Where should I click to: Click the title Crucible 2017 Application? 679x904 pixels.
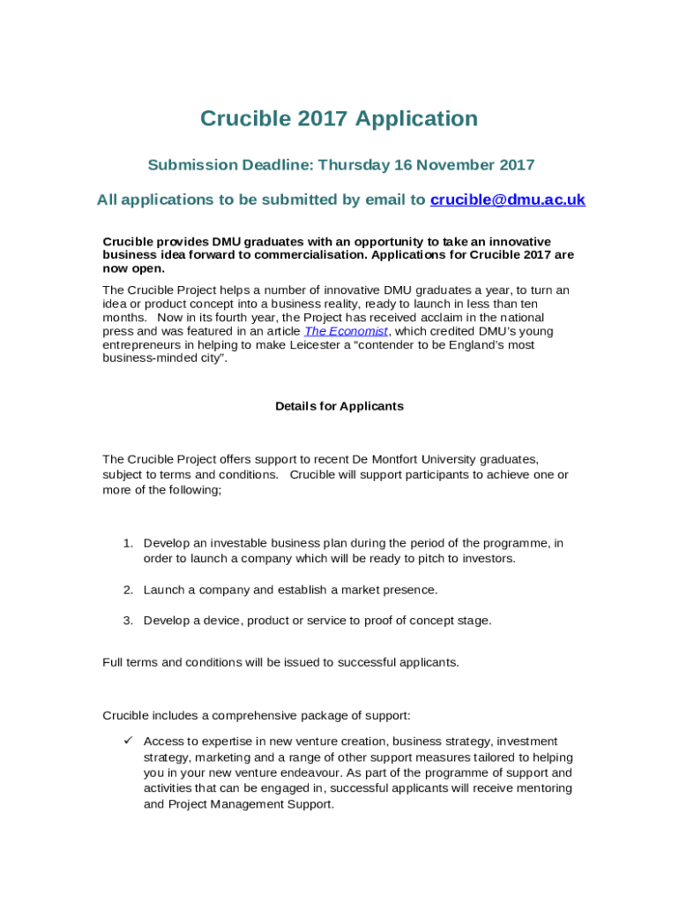[x=339, y=118]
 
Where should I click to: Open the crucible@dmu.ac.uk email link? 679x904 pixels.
[x=507, y=200]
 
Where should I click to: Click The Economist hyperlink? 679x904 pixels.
[x=346, y=331]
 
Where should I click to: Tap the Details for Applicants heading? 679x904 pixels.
[x=339, y=406]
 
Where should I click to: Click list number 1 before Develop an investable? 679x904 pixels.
[x=128, y=543]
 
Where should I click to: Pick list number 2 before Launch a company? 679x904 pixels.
[x=128, y=590]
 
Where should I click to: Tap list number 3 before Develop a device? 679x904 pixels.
[x=128, y=621]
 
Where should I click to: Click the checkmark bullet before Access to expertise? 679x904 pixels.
[x=127, y=741]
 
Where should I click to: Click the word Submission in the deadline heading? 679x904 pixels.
[x=192, y=165]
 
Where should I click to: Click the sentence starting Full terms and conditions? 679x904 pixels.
[x=280, y=662]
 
